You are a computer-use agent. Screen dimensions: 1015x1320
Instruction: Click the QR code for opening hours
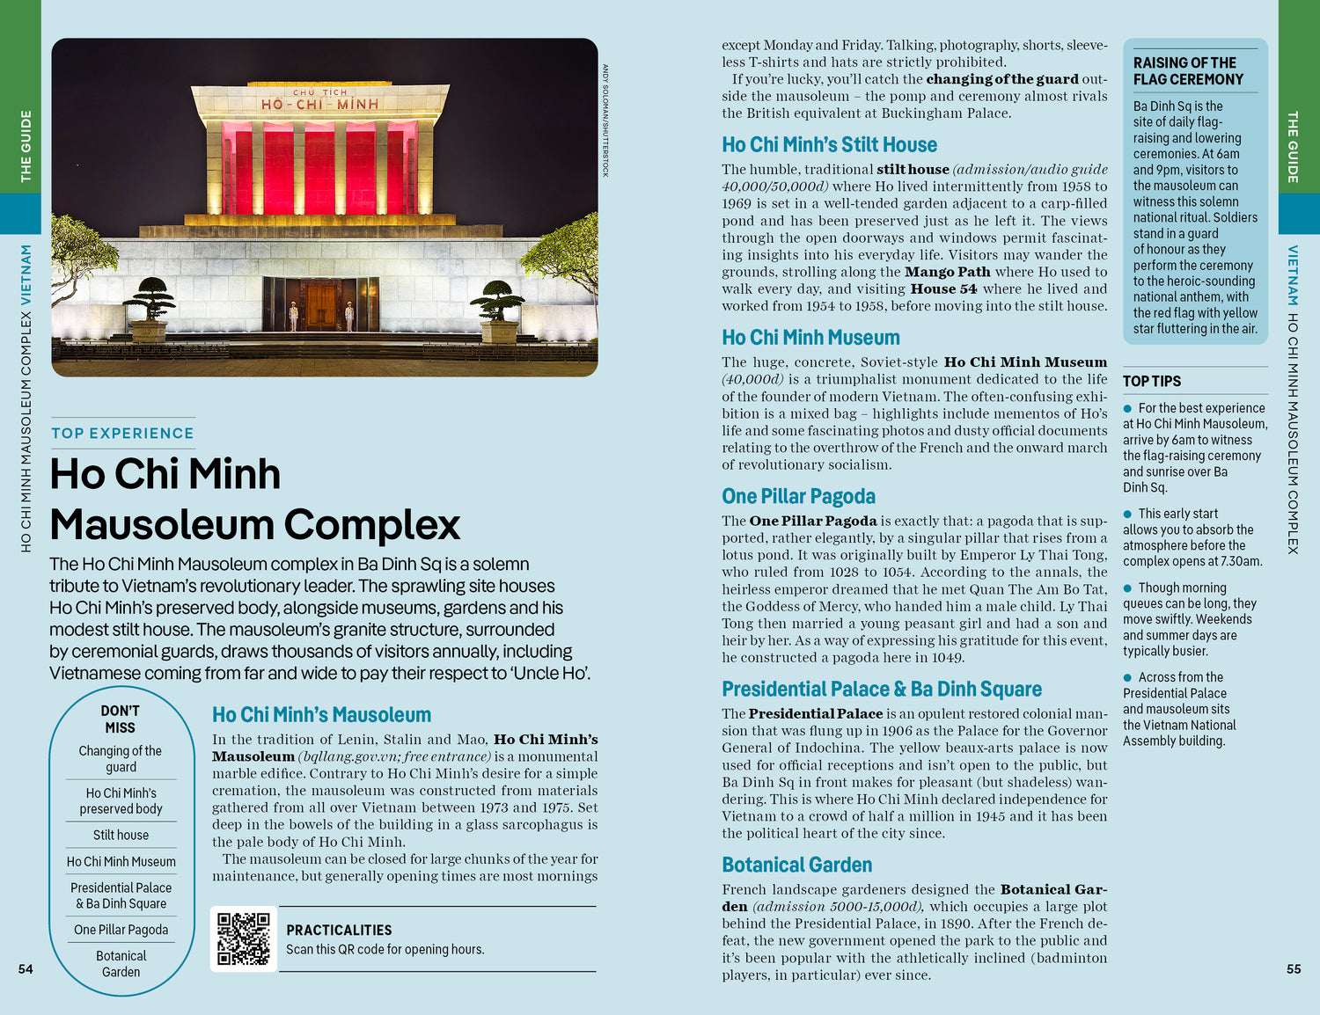pos(244,938)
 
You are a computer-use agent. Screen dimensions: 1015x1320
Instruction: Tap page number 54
pos(26,969)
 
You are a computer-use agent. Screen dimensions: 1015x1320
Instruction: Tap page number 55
pos(1294,969)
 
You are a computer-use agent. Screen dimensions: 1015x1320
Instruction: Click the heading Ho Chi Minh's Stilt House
pos(829,145)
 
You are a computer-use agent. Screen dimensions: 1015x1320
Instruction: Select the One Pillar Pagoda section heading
pos(798,497)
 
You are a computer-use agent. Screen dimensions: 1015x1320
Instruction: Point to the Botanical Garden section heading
pos(796,865)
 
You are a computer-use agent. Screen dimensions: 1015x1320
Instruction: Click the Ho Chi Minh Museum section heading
pos(810,338)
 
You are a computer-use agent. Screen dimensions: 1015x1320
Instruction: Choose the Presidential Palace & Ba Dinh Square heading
pos(881,690)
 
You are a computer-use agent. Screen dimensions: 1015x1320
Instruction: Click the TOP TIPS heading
pos(1151,382)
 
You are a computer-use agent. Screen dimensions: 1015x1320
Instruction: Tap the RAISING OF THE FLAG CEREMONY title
pos(1188,71)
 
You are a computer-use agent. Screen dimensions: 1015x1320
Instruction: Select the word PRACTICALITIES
pos(339,931)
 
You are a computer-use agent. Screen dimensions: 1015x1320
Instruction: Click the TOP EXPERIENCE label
pos(122,434)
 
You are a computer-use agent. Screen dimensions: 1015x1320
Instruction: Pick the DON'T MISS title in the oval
pos(121,719)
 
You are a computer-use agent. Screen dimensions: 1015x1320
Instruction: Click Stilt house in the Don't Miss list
pos(121,836)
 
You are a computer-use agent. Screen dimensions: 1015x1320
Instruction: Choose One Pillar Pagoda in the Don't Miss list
pos(121,930)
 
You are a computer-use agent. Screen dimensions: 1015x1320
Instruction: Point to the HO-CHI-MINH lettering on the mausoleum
pos(319,105)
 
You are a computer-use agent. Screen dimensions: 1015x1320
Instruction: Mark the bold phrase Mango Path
pos(947,273)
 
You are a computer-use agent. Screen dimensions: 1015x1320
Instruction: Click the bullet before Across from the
pos(1127,677)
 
